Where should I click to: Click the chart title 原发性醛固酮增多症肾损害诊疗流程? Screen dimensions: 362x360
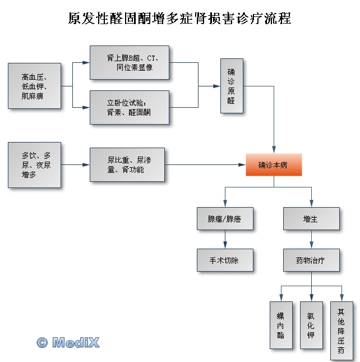pyautogui.click(x=179, y=19)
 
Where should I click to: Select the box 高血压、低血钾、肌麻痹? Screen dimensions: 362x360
pyautogui.click(x=34, y=85)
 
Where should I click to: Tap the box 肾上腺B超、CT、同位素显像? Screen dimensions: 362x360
pyautogui.click(x=129, y=62)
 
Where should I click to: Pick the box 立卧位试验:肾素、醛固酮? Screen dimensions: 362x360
pyautogui.click(x=129, y=107)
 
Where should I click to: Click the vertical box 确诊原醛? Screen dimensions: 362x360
pyautogui.click(x=232, y=85)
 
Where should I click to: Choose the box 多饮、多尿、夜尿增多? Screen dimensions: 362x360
pyautogui.click(x=34, y=164)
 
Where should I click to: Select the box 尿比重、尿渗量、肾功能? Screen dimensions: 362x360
pyautogui.click(x=127, y=164)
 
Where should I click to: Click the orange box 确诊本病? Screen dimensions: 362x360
pyautogui.click(x=274, y=165)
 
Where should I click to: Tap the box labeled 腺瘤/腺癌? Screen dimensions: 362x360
pyautogui.click(x=225, y=218)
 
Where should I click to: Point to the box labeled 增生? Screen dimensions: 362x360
pyautogui.click(x=311, y=218)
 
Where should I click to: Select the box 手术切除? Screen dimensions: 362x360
pyautogui.click(x=225, y=260)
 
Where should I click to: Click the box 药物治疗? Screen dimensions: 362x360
pyautogui.click(x=311, y=260)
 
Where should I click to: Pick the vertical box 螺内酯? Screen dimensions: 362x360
pyautogui.click(x=281, y=325)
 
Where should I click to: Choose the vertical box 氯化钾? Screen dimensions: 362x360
pyautogui.click(x=311, y=325)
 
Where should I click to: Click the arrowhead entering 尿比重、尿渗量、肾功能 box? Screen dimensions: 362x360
pyautogui.click(x=86, y=164)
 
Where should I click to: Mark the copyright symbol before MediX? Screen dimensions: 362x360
pyautogui.click(x=42, y=342)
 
